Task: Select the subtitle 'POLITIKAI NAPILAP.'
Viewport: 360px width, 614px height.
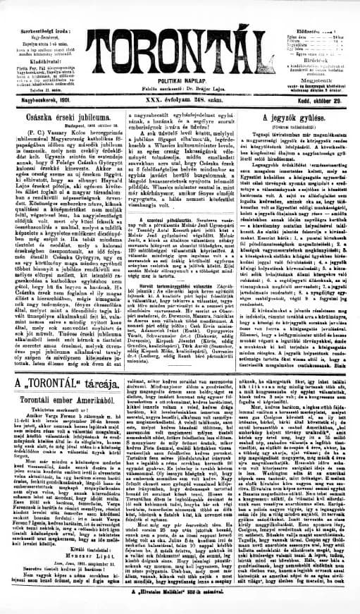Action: click(179, 81)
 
